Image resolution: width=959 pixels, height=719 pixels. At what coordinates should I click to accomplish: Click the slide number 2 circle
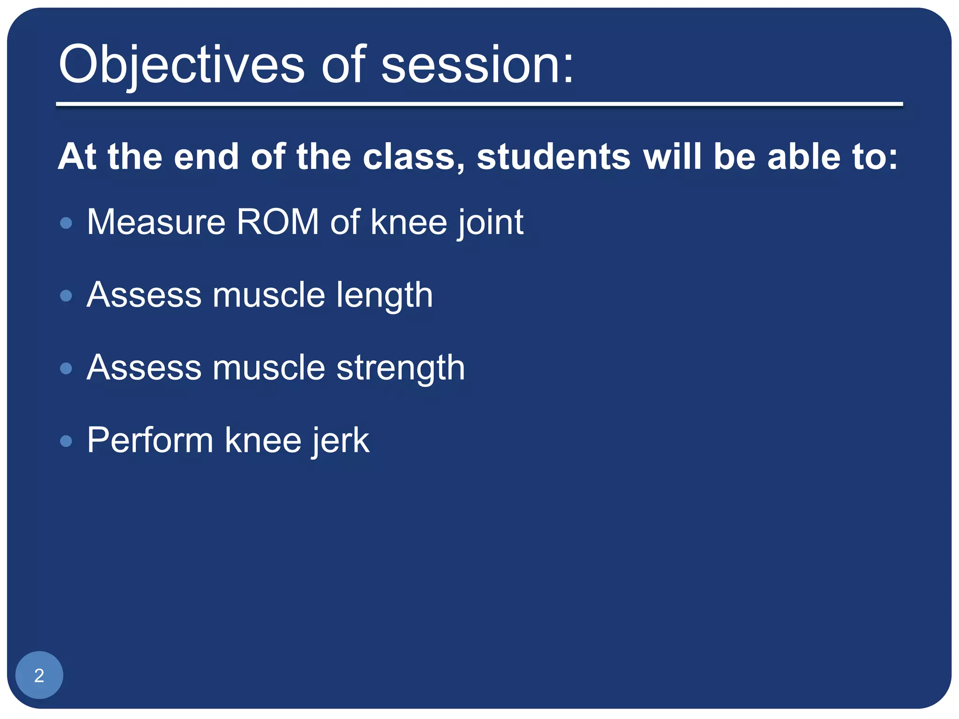(x=39, y=675)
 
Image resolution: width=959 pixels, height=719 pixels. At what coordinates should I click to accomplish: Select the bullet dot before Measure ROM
(x=66, y=223)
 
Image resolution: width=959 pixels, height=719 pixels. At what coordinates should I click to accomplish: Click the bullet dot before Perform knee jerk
(x=66, y=441)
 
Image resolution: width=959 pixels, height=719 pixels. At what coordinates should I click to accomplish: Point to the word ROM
(x=277, y=222)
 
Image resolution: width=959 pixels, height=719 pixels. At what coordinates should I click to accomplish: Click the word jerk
(x=341, y=441)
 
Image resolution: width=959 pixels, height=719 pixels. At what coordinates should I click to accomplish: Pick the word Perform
(x=150, y=441)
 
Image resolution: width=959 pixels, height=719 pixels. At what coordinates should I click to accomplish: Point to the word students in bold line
(x=553, y=157)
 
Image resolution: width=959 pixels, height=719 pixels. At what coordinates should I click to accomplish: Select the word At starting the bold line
(x=77, y=157)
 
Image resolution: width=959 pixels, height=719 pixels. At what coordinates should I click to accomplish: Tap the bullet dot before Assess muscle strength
(x=66, y=368)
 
